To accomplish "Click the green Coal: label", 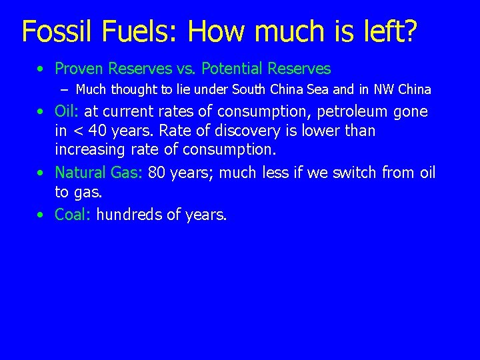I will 73,215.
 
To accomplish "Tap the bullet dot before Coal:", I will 41,215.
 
